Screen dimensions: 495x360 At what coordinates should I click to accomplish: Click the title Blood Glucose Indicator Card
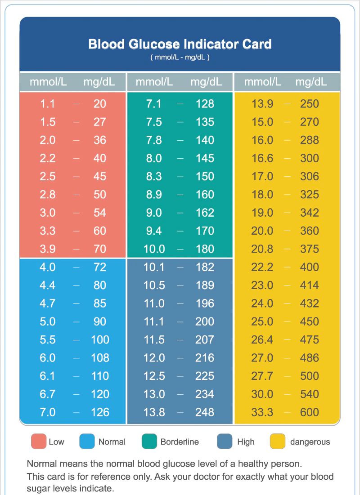(180, 45)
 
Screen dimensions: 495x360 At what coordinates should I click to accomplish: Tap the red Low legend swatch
(39, 441)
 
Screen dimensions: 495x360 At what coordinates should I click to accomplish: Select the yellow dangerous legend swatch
(278, 441)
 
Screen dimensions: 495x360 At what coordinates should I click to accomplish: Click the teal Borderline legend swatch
(148, 441)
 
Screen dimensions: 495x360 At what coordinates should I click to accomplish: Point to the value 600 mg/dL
(310, 412)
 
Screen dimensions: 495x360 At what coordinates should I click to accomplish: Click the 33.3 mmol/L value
(262, 412)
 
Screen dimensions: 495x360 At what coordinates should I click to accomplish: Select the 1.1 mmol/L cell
(47, 104)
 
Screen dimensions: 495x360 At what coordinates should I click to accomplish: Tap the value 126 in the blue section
(100, 412)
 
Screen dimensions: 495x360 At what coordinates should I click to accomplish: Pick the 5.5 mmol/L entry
(47, 339)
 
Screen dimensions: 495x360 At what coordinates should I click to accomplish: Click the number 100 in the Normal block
(100, 339)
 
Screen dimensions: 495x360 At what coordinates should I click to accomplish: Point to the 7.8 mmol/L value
(154, 140)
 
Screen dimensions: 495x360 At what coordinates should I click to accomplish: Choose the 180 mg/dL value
(205, 249)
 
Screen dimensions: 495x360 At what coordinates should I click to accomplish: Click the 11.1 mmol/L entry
(154, 321)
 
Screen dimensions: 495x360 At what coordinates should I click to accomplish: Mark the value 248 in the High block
(205, 412)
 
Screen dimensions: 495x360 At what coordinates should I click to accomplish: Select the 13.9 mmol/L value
(262, 104)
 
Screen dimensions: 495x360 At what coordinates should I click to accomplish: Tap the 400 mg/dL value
(310, 267)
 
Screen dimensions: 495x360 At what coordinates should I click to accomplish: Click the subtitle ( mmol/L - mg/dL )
(180, 58)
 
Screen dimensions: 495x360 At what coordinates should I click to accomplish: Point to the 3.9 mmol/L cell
(47, 249)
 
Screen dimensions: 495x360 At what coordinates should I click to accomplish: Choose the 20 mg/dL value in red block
(100, 104)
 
